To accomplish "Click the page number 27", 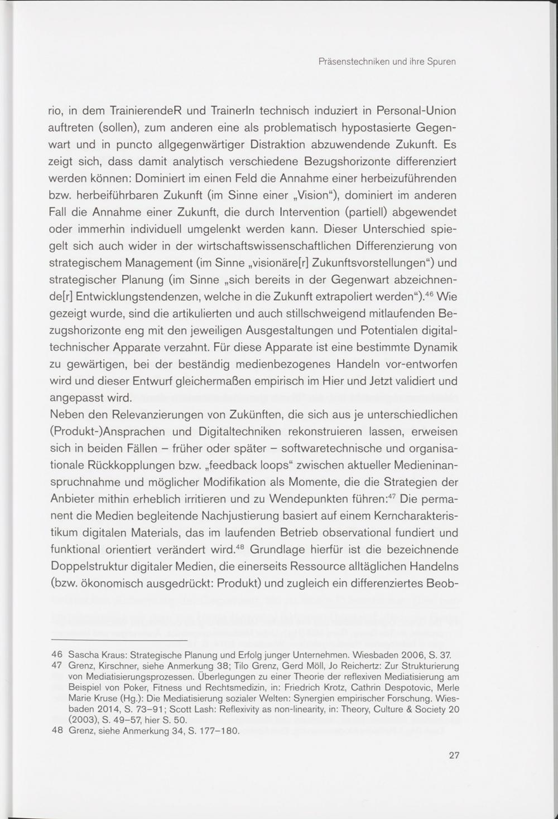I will click(454, 755).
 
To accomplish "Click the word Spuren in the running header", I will click(441, 62).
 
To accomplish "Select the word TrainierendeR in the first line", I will click(143, 111).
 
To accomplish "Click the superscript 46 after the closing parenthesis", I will click(429, 293).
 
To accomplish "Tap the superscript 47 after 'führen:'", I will click(392, 496).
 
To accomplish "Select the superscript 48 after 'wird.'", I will click(240, 546).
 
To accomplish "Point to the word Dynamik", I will click(435, 347).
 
